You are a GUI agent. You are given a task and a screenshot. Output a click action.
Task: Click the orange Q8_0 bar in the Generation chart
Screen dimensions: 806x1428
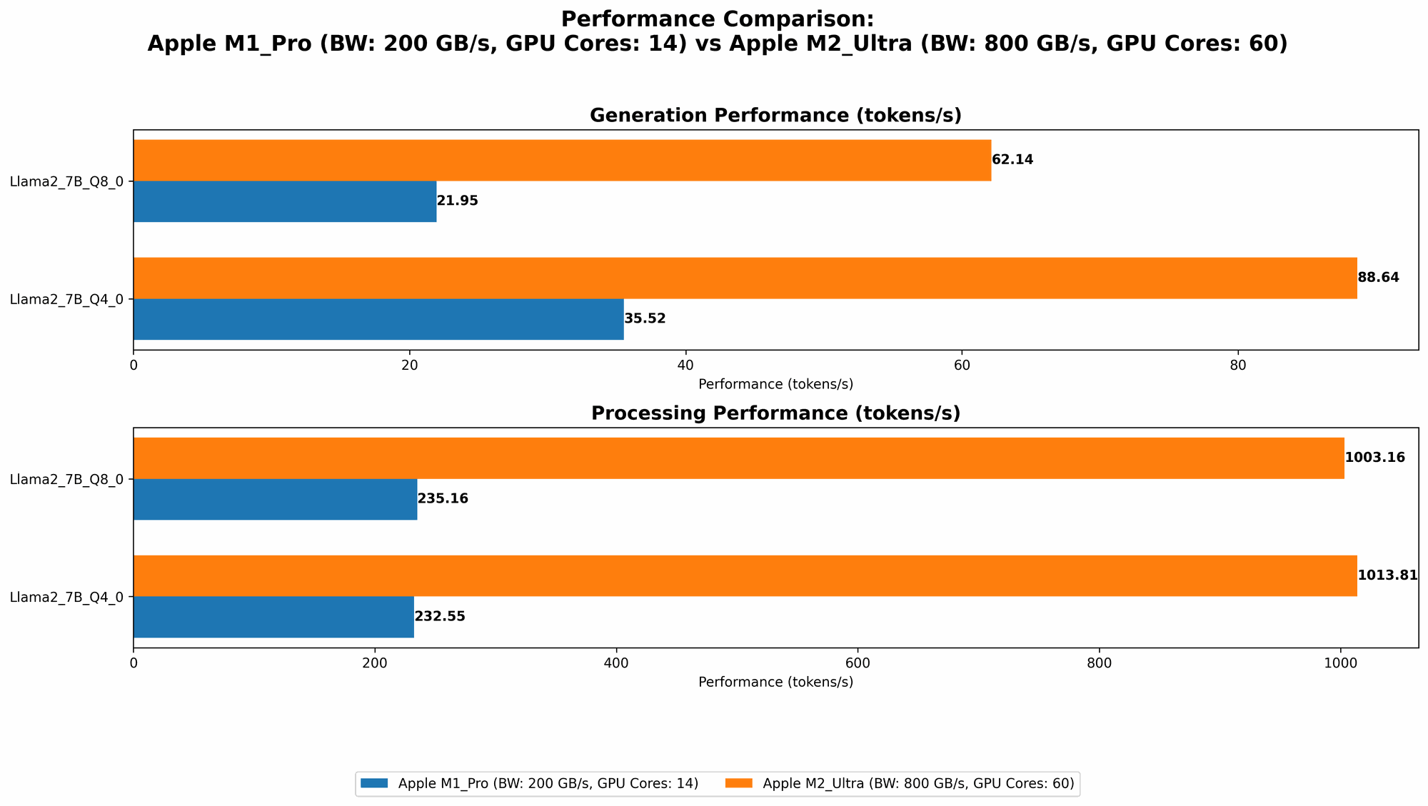[x=562, y=160]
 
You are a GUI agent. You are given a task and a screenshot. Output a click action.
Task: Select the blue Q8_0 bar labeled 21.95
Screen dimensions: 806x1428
[x=285, y=201]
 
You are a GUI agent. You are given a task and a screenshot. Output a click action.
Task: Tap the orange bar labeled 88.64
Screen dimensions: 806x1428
[x=745, y=278]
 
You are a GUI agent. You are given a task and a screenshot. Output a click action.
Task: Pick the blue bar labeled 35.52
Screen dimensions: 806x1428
[x=378, y=319]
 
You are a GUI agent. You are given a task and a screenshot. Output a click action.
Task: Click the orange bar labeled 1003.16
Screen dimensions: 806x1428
[x=738, y=458]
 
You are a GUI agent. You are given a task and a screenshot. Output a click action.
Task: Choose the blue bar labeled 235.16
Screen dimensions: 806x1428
[x=275, y=499]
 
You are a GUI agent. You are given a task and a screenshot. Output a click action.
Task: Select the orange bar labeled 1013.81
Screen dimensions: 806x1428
[x=745, y=575]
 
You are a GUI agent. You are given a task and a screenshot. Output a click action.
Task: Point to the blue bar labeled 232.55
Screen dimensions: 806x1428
[x=273, y=617]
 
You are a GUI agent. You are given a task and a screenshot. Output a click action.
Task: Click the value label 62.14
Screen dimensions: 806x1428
[x=1012, y=160]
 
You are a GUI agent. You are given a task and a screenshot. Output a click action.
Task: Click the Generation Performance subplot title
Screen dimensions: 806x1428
[x=775, y=116]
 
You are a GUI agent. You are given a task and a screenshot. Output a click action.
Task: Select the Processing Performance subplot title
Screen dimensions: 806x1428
[x=775, y=413]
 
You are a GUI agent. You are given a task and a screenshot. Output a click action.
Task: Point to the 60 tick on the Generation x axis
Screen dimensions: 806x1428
[x=961, y=364]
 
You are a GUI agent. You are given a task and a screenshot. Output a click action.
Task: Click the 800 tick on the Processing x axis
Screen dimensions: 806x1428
[x=1099, y=662]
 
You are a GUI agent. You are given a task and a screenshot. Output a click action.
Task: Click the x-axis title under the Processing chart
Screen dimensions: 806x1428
[x=775, y=682]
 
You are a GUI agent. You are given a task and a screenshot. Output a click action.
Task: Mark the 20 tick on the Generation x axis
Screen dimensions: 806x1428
[x=409, y=364]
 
